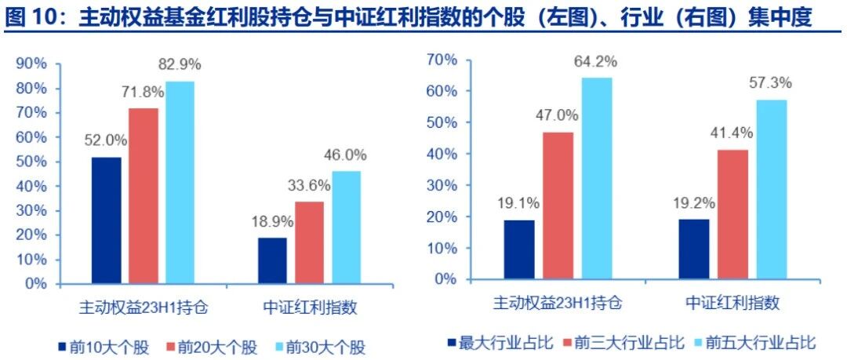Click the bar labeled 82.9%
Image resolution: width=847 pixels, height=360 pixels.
180,182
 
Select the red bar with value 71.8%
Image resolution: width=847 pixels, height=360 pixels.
144,195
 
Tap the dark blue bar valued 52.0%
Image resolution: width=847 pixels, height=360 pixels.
107,220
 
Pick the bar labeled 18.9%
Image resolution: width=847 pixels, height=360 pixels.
272,260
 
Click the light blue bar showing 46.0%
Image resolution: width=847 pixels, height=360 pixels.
347,227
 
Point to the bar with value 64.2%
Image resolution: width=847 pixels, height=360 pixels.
598,178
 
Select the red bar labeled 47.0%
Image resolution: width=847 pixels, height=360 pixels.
558,205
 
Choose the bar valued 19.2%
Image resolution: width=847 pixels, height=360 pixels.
693,249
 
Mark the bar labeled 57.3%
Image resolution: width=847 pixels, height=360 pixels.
772,189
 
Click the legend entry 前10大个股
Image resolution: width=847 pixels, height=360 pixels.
103,347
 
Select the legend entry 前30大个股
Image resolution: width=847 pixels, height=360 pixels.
320,347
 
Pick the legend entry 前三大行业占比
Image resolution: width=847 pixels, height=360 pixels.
624,342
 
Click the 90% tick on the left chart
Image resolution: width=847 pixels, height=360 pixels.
33,64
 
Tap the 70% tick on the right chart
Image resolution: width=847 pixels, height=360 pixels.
442,60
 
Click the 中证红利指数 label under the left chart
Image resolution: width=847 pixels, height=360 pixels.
310,307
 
